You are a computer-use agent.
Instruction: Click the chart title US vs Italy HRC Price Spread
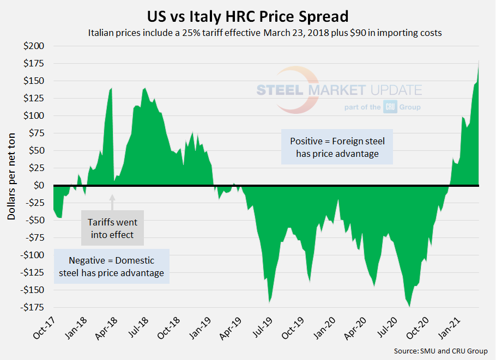pos(248,15)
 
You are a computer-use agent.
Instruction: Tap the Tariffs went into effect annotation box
pos(113,229)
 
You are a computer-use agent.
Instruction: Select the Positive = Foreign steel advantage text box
pos(337,147)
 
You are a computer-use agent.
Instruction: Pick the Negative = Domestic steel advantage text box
pos(112,267)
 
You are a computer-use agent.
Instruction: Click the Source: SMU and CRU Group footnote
pos(440,351)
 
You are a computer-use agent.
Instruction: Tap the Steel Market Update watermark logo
pos(339,90)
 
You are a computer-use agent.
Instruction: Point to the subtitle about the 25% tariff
pos(265,33)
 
